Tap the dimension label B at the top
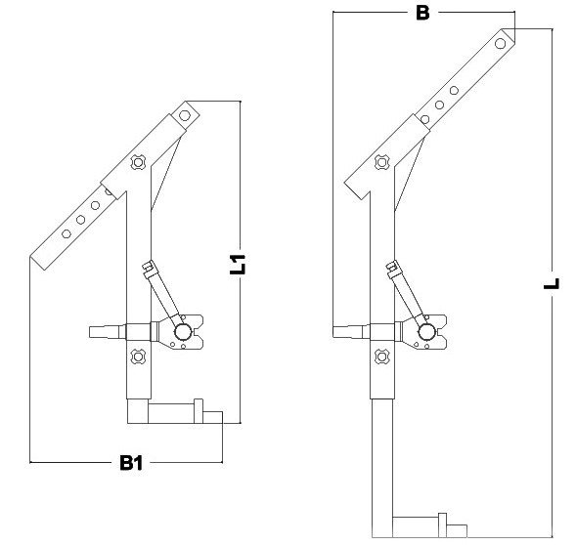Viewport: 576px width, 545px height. click(x=422, y=13)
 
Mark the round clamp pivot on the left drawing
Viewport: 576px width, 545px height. click(x=182, y=333)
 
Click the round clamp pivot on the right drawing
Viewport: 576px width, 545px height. click(x=427, y=333)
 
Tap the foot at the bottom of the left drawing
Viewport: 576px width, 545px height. click(x=176, y=415)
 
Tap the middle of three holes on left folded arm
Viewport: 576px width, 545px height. click(x=81, y=220)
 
